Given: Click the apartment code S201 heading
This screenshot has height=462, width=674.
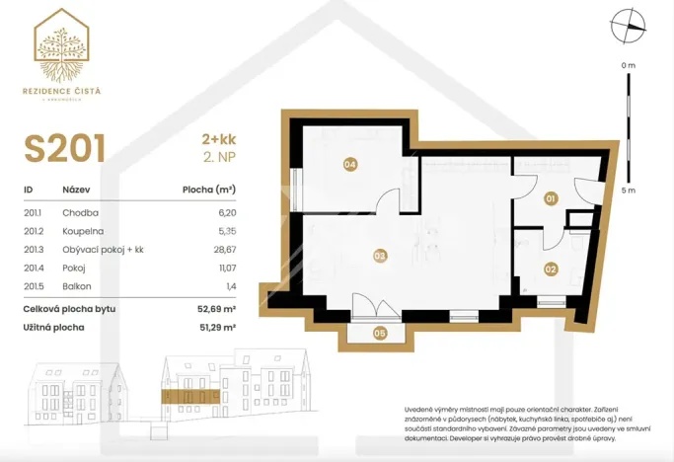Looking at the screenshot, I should pyautogui.click(x=65, y=148).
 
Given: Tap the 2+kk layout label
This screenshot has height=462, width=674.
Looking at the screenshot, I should pyautogui.click(x=219, y=140).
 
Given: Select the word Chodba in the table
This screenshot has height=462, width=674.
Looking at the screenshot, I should pyautogui.click(x=81, y=212).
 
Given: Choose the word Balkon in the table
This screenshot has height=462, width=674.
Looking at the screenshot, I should pyautogui.click(x=78, y=286).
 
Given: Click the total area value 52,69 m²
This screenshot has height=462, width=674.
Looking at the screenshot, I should pyautogui.click(x=216, y=309).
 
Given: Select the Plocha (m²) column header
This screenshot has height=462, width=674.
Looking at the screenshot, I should pyautogui.click(x=209, y=190).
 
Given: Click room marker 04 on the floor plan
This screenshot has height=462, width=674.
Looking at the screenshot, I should pyautogui.click(x=349, y=164).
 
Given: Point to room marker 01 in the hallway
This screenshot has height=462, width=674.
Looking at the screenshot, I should pyautogui.click(x=551, y=198).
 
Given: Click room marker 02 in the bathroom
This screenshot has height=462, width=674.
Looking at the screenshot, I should pyautogui.click(x=551, y=268).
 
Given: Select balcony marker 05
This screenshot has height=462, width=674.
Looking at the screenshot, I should pyautogui.click(x=380, y=333).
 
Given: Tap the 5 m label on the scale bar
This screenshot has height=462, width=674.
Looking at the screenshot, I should pyautogui.click(x=628, y=191).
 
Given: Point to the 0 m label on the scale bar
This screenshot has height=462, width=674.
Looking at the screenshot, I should pyautogui.click(x=628, y=65).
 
